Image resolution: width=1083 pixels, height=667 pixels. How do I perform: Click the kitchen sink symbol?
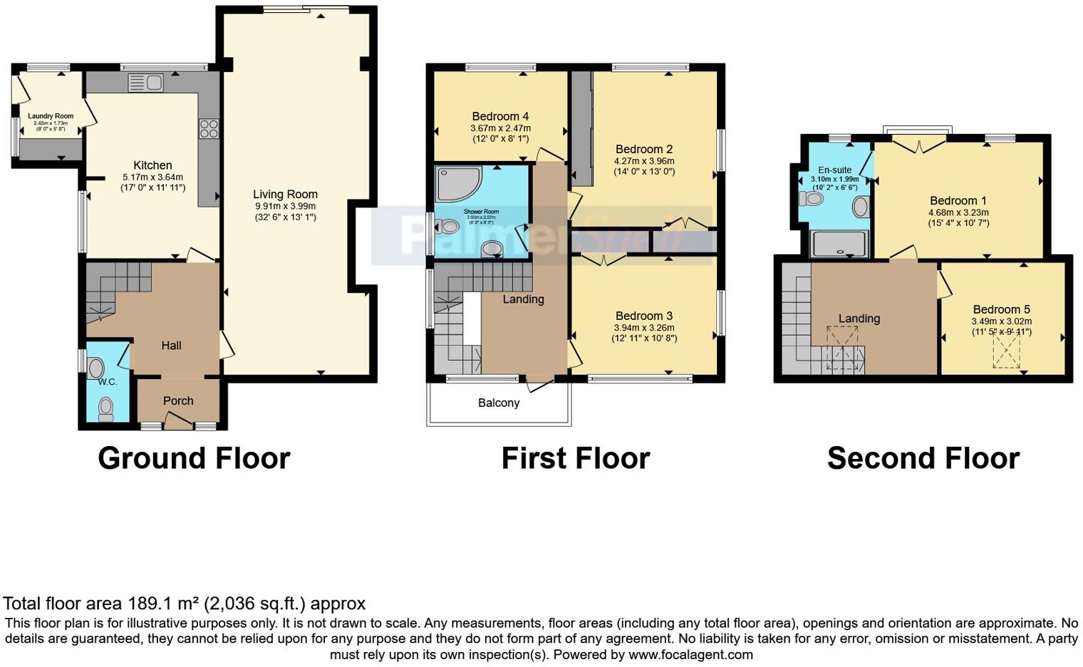pyautogui.click(x=146, y=83)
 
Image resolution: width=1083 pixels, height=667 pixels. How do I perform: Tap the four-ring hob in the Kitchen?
pyautogui.click(x=209, y=128)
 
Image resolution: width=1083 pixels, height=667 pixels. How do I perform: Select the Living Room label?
pyautogui.click(x=285, y=195)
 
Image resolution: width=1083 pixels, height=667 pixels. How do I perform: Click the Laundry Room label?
pyautogui.click(x=51, y=116)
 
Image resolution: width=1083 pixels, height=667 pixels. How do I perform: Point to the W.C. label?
pyautogui.click(x=108, y=382)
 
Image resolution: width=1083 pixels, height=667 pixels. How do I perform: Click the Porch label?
pyautogui.click(x=178, y=401)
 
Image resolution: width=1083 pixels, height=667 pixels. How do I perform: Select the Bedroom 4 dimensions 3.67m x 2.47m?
pyautogui.click(x=500, y=128)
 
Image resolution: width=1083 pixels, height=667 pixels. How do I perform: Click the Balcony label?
pyautogui.click(x=499, y=403)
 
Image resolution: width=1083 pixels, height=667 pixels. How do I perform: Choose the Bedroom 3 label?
pyautogui.click(x=644, y=316)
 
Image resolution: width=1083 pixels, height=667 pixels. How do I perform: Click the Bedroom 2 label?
pyautogui.click(x=644, y=150)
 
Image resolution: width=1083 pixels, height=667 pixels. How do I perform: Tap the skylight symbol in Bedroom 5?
pyautogui.click(x=1007, y=353)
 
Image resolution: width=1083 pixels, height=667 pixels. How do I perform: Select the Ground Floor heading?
pyautogui.click(x=194, y=458)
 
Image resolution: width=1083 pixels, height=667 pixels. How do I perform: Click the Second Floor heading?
pyautogui.click(x=923, y=458)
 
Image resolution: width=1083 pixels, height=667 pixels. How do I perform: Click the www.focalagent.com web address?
pyautogui.click(x=690, y=654)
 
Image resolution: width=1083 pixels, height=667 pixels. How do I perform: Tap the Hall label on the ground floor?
pyautogui.click(x=171, y=346)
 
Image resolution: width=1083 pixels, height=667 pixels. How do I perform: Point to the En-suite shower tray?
pyautogui.click(x=840, y=243)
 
